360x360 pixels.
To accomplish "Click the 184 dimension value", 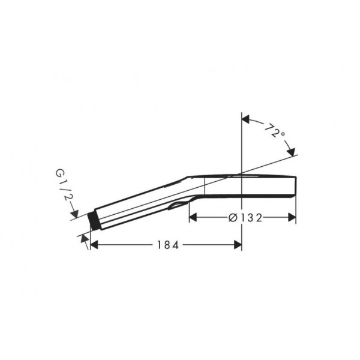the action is click(x=167, y=245).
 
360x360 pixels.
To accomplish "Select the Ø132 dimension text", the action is click(x=245, y=218).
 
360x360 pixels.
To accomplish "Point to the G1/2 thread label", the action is click(x=63, y=185).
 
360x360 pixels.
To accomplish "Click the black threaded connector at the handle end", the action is click(x=94, y=221).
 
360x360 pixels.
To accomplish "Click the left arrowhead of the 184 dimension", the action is click(x=94, y=245).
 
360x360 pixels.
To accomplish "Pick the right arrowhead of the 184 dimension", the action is click(x=238, y=245).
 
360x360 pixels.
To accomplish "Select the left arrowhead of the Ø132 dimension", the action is click(x=193, y=217).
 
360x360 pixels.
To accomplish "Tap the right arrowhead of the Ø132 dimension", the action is click(x=292, y=217).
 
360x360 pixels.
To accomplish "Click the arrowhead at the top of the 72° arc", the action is click(x=245, y=119).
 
